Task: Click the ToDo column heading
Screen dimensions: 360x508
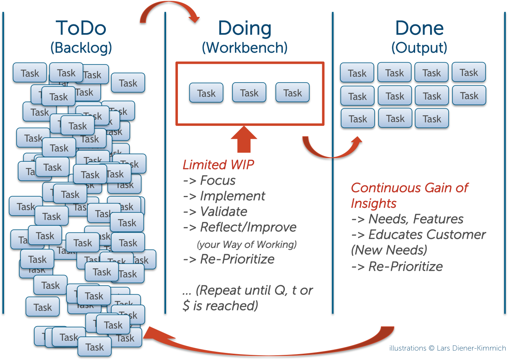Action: click(x=81, y=28)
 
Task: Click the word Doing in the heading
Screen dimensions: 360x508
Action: click(x=244, y=28)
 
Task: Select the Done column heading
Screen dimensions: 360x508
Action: click(x=419, y=28)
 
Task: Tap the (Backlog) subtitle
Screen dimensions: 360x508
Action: click(x=81, y=48)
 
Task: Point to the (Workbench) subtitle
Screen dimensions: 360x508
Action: click(x=244, y=48)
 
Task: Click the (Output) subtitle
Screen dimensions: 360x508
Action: click(x=419, y=48)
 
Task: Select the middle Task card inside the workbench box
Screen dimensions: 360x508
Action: click(x=249, y=93)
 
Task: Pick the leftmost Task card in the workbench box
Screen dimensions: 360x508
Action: click(x=206, y=93)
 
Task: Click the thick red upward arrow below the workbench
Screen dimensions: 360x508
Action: click(x=244, y=139)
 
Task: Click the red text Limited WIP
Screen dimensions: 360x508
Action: click(x=218, y=165)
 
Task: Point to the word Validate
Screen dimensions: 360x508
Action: click(x=224, y=212)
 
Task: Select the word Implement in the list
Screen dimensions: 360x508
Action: click(x=233, y=196)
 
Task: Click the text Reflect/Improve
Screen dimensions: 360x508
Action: click(x=248, y=227)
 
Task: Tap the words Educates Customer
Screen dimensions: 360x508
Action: click(x=427, y=235)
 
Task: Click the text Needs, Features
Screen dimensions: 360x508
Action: click(x=416, y=219)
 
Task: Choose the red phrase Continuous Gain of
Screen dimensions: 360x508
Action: click(x=409, y=188)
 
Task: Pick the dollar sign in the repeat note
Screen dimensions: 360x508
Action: click(x=186, y=306)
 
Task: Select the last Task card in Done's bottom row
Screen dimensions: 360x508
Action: click(x=432, y=119)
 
